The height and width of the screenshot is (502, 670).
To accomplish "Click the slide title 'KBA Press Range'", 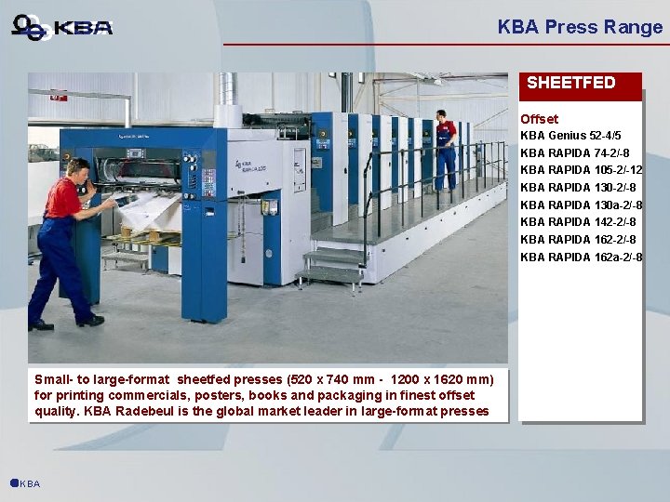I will pyautogui.click(x=580, y=27).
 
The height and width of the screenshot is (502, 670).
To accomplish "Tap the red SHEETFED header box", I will pyautogui.click(x=580, y=83).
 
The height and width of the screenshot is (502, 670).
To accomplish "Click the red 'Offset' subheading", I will pyautogui.click(x=539, y=119).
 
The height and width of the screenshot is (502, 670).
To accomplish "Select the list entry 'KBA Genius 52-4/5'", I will pyautogui.click(x=570, y=136).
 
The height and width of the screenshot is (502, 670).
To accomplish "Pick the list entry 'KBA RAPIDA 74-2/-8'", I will pyautogui.click(x=574, y=152).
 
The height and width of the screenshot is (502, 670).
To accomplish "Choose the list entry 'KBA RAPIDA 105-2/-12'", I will pyautogui.click(x=581, y=170).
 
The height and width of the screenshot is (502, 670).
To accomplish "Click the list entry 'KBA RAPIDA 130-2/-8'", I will pyautogui.click(x=578, y=188).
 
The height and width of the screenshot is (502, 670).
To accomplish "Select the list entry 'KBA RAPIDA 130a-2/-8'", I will pyautogui.click(x=581, y=205).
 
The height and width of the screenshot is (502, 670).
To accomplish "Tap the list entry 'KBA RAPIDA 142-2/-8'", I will pyautogui.click(x=578, y=222).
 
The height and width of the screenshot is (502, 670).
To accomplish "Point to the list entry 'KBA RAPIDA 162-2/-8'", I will pyautogui.click(x=578, y=240).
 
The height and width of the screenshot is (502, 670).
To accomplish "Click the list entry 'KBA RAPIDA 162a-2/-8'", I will pyautogui.click(x=581, y=257).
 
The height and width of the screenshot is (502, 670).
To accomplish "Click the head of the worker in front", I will pyautogui.click(x=77, y=169).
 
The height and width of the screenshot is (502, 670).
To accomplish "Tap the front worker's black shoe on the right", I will pyautogui.click(x=90, y=321).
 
